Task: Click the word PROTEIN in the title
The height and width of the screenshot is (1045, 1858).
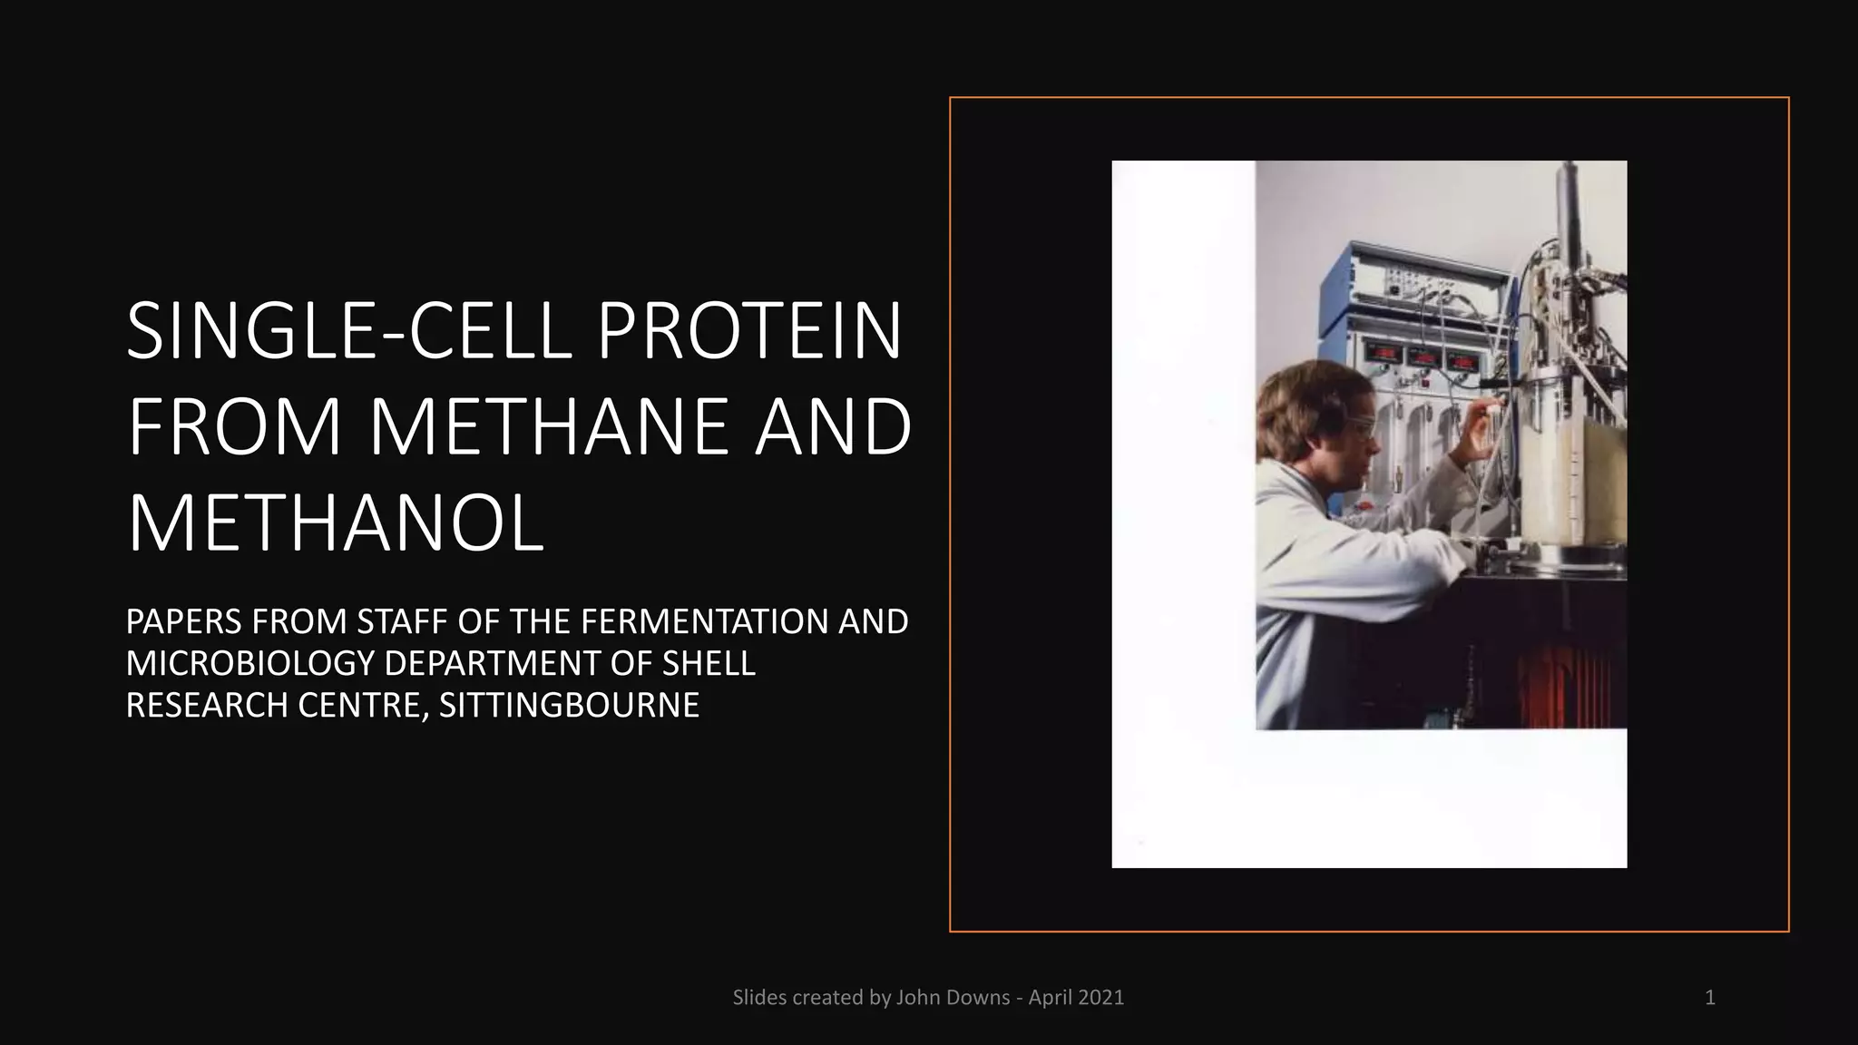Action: point(749,331)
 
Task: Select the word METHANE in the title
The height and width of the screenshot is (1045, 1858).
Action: point(548,426)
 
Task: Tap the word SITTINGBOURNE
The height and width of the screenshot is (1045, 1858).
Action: point(569,706)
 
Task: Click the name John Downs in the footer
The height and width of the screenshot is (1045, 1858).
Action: point(953,998)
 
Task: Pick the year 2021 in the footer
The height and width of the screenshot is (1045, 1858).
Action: point(1102,998)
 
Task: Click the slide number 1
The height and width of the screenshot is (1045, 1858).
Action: point(1709,998)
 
